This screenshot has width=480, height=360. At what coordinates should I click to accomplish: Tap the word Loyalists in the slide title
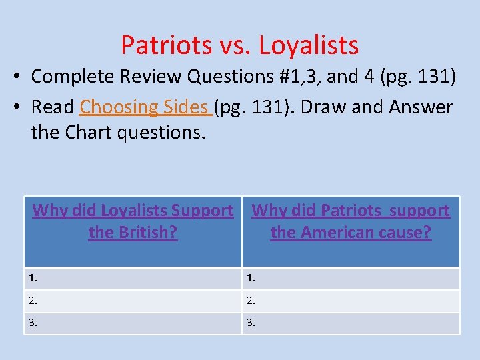(x=309, y=45)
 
